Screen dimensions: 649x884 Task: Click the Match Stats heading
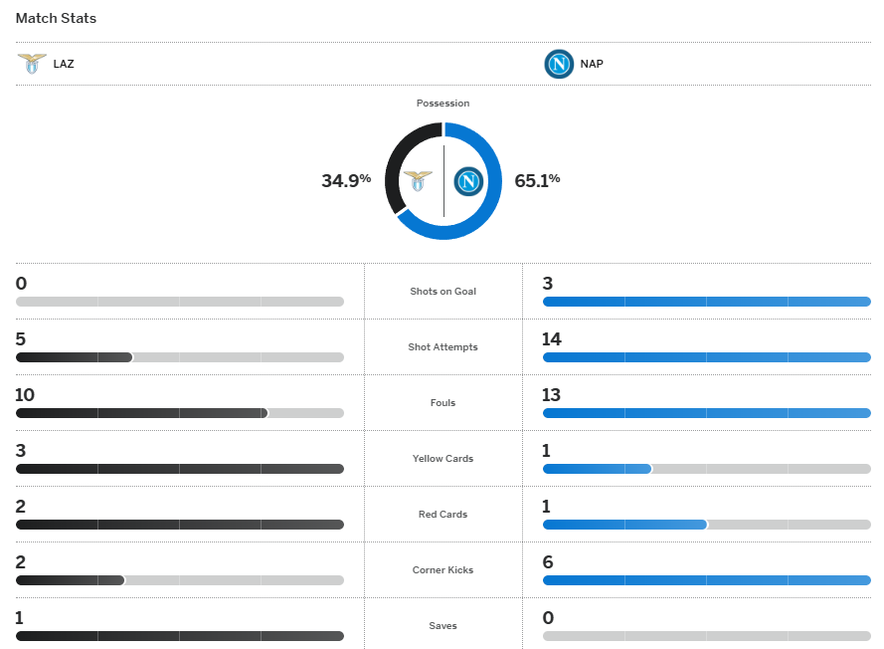tap(56, 18)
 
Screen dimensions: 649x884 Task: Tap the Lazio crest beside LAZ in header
tap(32, 64)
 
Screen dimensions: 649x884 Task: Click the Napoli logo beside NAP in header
tap(559, 64)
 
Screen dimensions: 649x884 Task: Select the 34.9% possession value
tap(345, 180)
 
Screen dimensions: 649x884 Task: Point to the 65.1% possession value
tap(537, 180)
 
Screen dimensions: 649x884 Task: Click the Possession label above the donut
tap(442, 104)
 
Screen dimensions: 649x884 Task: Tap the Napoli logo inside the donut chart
tap(468, 181)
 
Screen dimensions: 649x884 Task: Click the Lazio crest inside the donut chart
tap(418, 181)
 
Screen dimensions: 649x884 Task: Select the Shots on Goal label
tap(442, 292)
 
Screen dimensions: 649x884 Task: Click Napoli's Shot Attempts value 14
tap(551, 339)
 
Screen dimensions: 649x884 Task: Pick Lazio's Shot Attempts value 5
tap(21, 339)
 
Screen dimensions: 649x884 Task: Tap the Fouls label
tap(442, 403)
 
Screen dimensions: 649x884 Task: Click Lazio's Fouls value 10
tap(25, 395)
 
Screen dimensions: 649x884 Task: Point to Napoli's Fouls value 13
tap(551, 395)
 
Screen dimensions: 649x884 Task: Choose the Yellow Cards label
tap(442, 459)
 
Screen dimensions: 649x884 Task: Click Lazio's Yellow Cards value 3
tap(21, 451)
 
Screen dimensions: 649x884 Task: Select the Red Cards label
tap(442, 515)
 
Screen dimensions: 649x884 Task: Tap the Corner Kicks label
tap(442, 570)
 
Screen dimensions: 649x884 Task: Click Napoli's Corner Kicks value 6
tap(548, 562)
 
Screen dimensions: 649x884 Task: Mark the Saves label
tap(442, 626)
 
